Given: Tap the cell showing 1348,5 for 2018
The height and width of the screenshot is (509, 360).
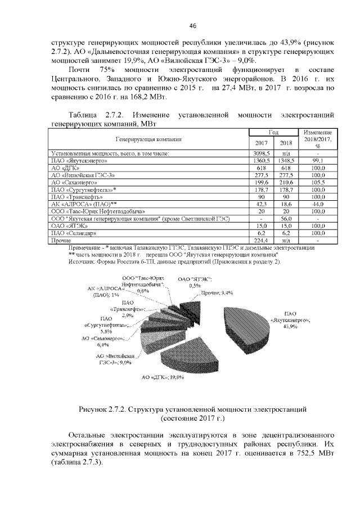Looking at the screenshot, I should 286,160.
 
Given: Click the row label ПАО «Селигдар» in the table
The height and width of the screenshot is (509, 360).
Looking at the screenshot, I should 72,233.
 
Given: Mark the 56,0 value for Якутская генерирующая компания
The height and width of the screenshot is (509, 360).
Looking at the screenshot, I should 286,219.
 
